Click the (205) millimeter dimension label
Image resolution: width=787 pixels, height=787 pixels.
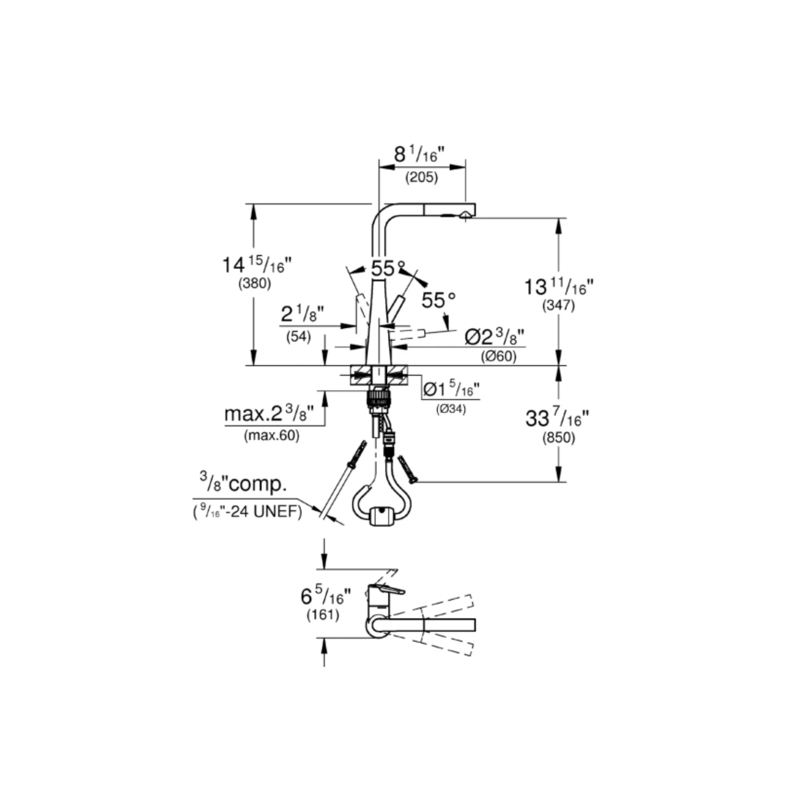[421, 178]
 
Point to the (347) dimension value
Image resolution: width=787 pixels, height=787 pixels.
[558, 306]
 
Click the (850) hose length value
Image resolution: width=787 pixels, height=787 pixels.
[558, 438]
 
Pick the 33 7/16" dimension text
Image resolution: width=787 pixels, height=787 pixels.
[557, 418]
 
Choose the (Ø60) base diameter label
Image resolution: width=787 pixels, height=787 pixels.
[498, 357]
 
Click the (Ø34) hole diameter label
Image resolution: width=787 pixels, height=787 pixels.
[451, 409]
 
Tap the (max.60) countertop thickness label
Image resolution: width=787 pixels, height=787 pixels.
[272, 436]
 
